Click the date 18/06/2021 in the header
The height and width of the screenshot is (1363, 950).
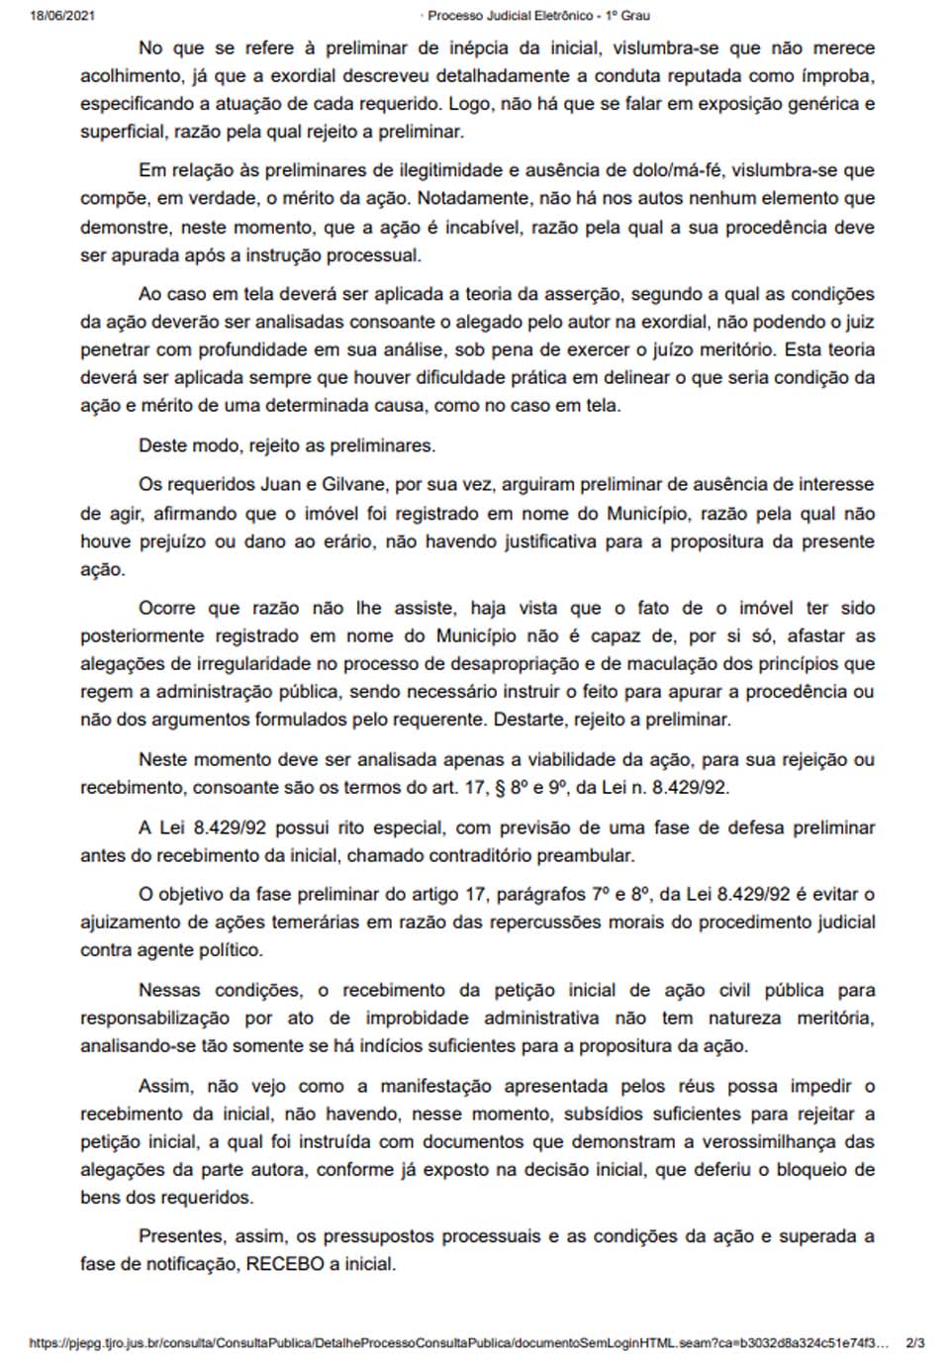[62, 16]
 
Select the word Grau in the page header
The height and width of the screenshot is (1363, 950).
[634, 16]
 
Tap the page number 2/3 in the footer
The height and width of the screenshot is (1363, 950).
[914, 1343]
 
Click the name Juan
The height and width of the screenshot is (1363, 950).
[281, 485]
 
